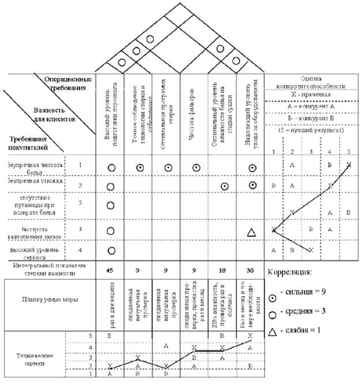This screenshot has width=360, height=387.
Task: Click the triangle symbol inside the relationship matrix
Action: point(251,232)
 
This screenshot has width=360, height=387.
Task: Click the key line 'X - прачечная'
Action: point(311,95)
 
